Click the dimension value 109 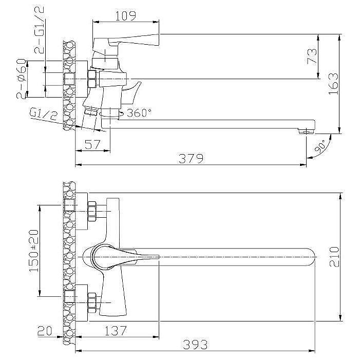pos(125,15)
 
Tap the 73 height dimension pos(312,56)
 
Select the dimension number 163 pos(333,84)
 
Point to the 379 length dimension pos(191,158)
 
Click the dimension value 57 pos(92,145)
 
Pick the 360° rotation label pos(139,112)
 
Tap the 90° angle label pos(320,146)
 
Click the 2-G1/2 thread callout pos(39,30)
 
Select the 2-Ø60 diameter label pos(21,79)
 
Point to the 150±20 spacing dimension pos(34,251)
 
